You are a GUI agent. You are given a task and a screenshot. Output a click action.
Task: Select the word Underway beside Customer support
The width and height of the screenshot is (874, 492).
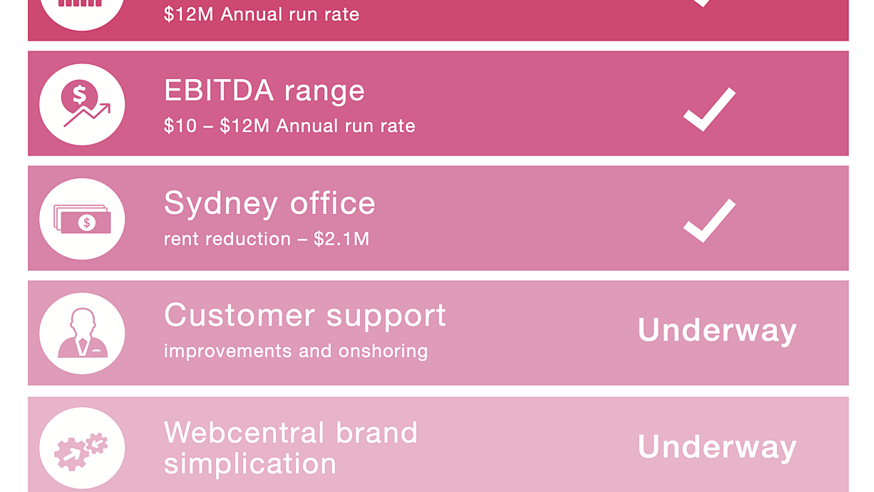coord(716,331)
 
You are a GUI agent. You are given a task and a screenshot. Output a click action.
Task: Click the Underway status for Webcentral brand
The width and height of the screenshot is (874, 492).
coord(716,447)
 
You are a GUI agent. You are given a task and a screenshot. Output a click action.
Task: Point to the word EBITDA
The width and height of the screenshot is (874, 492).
coord(219,91)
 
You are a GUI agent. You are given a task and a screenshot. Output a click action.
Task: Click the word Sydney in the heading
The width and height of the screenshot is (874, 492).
coord(221,205)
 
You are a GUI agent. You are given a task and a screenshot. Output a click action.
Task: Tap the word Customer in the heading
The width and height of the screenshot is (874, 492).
coord(240,315)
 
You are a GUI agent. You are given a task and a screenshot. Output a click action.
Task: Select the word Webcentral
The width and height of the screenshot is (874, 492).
coord(245,433)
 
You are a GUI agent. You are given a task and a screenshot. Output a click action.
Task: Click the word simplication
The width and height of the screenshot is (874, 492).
coord(250,464)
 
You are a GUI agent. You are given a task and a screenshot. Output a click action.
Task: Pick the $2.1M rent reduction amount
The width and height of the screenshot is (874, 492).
coord(341,239)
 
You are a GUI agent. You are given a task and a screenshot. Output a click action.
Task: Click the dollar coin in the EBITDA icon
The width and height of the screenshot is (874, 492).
coord(79,96)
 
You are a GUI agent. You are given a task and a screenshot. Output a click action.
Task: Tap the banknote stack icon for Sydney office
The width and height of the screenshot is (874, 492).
coord(82,219)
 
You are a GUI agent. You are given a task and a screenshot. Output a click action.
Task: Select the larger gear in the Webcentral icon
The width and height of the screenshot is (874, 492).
coord(71,453)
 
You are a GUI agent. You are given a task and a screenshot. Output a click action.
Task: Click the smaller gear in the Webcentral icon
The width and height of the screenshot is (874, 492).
coord(97,444)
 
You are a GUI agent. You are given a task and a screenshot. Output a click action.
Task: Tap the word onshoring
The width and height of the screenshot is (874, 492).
coord(383,352)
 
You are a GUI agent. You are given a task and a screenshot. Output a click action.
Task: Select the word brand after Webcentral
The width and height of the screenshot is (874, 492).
coord(376,433)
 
